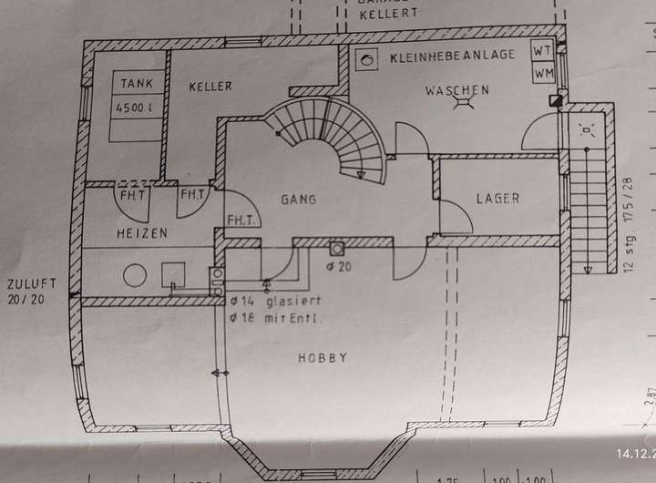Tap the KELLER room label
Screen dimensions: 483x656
[x=210, y=87]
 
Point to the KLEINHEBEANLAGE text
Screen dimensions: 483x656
[x=451, y=57]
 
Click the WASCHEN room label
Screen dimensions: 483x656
[x=456, y=90]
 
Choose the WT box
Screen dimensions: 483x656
[x=543, y=51]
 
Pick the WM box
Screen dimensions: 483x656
[x=543, y=71]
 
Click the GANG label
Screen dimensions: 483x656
[x=299, y=199]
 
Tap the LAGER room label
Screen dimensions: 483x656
[x=497, y=198]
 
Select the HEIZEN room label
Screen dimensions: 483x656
[x=141, y=233]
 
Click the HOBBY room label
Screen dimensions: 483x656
[x=323, y=358]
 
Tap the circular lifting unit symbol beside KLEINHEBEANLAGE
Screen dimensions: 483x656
[x=367, y=59]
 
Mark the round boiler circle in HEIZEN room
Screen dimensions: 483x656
[x=136, y=275]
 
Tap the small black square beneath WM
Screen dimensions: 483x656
[x=556, y=100]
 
